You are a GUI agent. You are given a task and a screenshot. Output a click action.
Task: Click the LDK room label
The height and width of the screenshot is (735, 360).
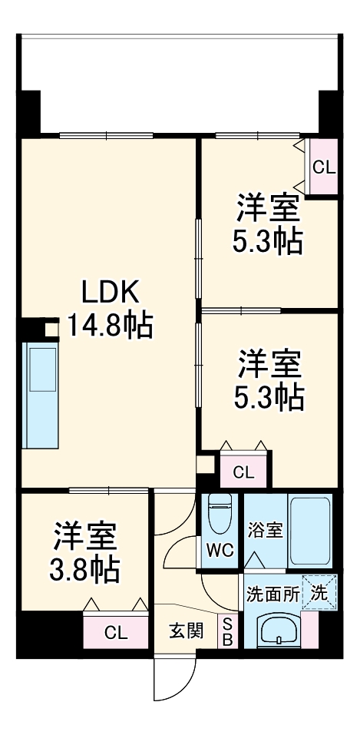click(x=110, y=294)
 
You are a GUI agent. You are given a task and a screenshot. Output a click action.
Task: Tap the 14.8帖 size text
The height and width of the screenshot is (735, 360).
click(x=110, y=326)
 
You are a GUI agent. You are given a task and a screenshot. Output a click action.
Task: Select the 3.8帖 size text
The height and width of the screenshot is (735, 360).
click(x=85, y=569)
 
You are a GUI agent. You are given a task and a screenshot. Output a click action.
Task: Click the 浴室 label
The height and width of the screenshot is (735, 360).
click(x=264, y=530)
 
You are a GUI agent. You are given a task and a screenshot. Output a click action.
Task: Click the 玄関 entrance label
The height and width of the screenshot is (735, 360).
click(x=187, y=631)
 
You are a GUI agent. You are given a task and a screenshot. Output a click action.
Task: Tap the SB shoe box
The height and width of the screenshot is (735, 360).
click(x=227, y=632)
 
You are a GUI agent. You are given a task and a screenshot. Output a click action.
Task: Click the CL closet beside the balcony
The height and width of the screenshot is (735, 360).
click(x=323, y=167)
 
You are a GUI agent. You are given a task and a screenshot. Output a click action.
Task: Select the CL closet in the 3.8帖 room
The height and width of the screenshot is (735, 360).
click(x=115, y=633)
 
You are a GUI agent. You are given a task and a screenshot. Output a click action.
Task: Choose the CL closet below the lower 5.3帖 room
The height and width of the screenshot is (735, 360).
click(x=243, y=472)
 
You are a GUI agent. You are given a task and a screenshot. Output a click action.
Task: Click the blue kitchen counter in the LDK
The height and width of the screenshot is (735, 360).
click(x=39, y=396)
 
